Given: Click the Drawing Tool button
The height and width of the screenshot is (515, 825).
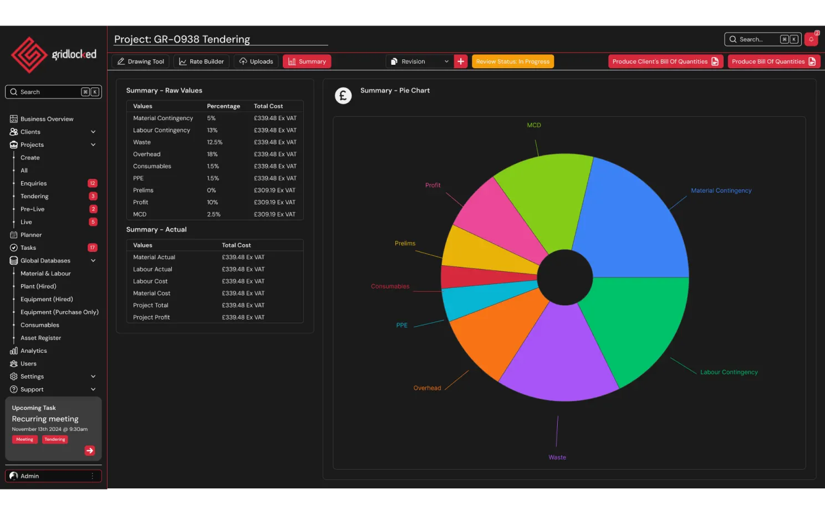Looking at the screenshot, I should (x=141, y=61).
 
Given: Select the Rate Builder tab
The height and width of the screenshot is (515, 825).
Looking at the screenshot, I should (x=201, y=61).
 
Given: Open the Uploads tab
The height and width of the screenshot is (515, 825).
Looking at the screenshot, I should (x=256, y=61).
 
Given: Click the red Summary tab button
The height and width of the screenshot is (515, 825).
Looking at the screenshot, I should (x=307, y=61).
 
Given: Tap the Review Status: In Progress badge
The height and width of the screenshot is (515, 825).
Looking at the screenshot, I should (x=512, y=61).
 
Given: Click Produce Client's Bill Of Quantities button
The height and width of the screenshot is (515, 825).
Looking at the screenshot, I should (x=665, y=61).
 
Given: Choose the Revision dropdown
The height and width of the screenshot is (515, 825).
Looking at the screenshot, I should (x=419, y=61).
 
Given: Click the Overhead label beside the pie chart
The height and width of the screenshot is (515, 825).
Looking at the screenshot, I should (x=427, y=388).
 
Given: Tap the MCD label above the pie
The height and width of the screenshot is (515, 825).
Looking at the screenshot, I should (x=533, y=125).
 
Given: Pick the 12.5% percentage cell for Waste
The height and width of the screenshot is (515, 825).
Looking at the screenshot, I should (x=215, y=142).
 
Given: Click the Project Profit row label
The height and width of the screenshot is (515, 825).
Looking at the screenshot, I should (x=151, y=317).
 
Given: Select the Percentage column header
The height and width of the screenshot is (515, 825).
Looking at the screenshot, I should (x=223, y=106).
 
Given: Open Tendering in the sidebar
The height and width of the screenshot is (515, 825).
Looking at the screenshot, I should (x=34, y=197).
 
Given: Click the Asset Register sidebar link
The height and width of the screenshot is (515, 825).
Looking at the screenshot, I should (x=40, y=338).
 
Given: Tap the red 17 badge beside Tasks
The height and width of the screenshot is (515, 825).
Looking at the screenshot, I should (x=93, y=248).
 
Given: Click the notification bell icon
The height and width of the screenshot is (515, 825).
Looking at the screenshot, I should (x=811, y=39).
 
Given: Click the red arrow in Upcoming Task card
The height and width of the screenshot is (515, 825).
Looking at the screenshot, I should (x=90, y=451).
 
